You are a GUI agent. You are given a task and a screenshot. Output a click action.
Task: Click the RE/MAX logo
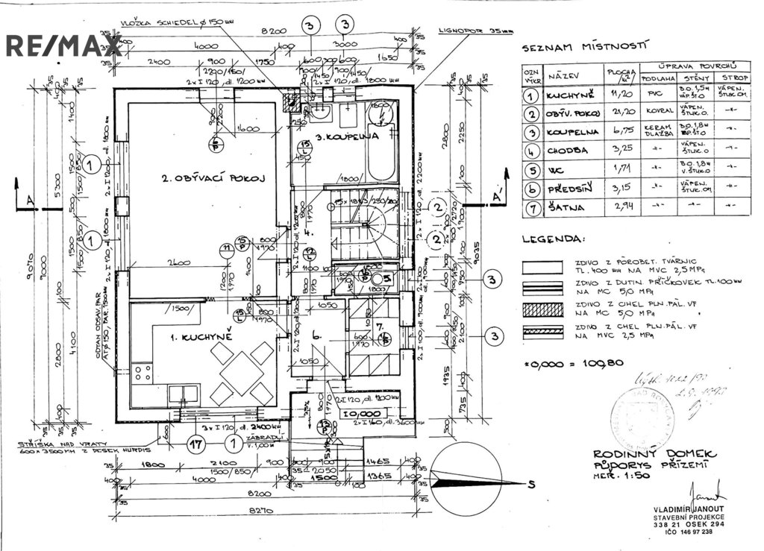[63, 45]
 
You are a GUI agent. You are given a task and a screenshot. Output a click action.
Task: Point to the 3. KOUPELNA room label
[346, 137]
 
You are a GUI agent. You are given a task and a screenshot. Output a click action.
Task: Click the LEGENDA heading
[554, 240]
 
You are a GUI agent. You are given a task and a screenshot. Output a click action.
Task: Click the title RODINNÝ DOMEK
[655, 454]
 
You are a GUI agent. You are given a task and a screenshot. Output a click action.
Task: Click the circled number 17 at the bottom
[196, 446]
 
